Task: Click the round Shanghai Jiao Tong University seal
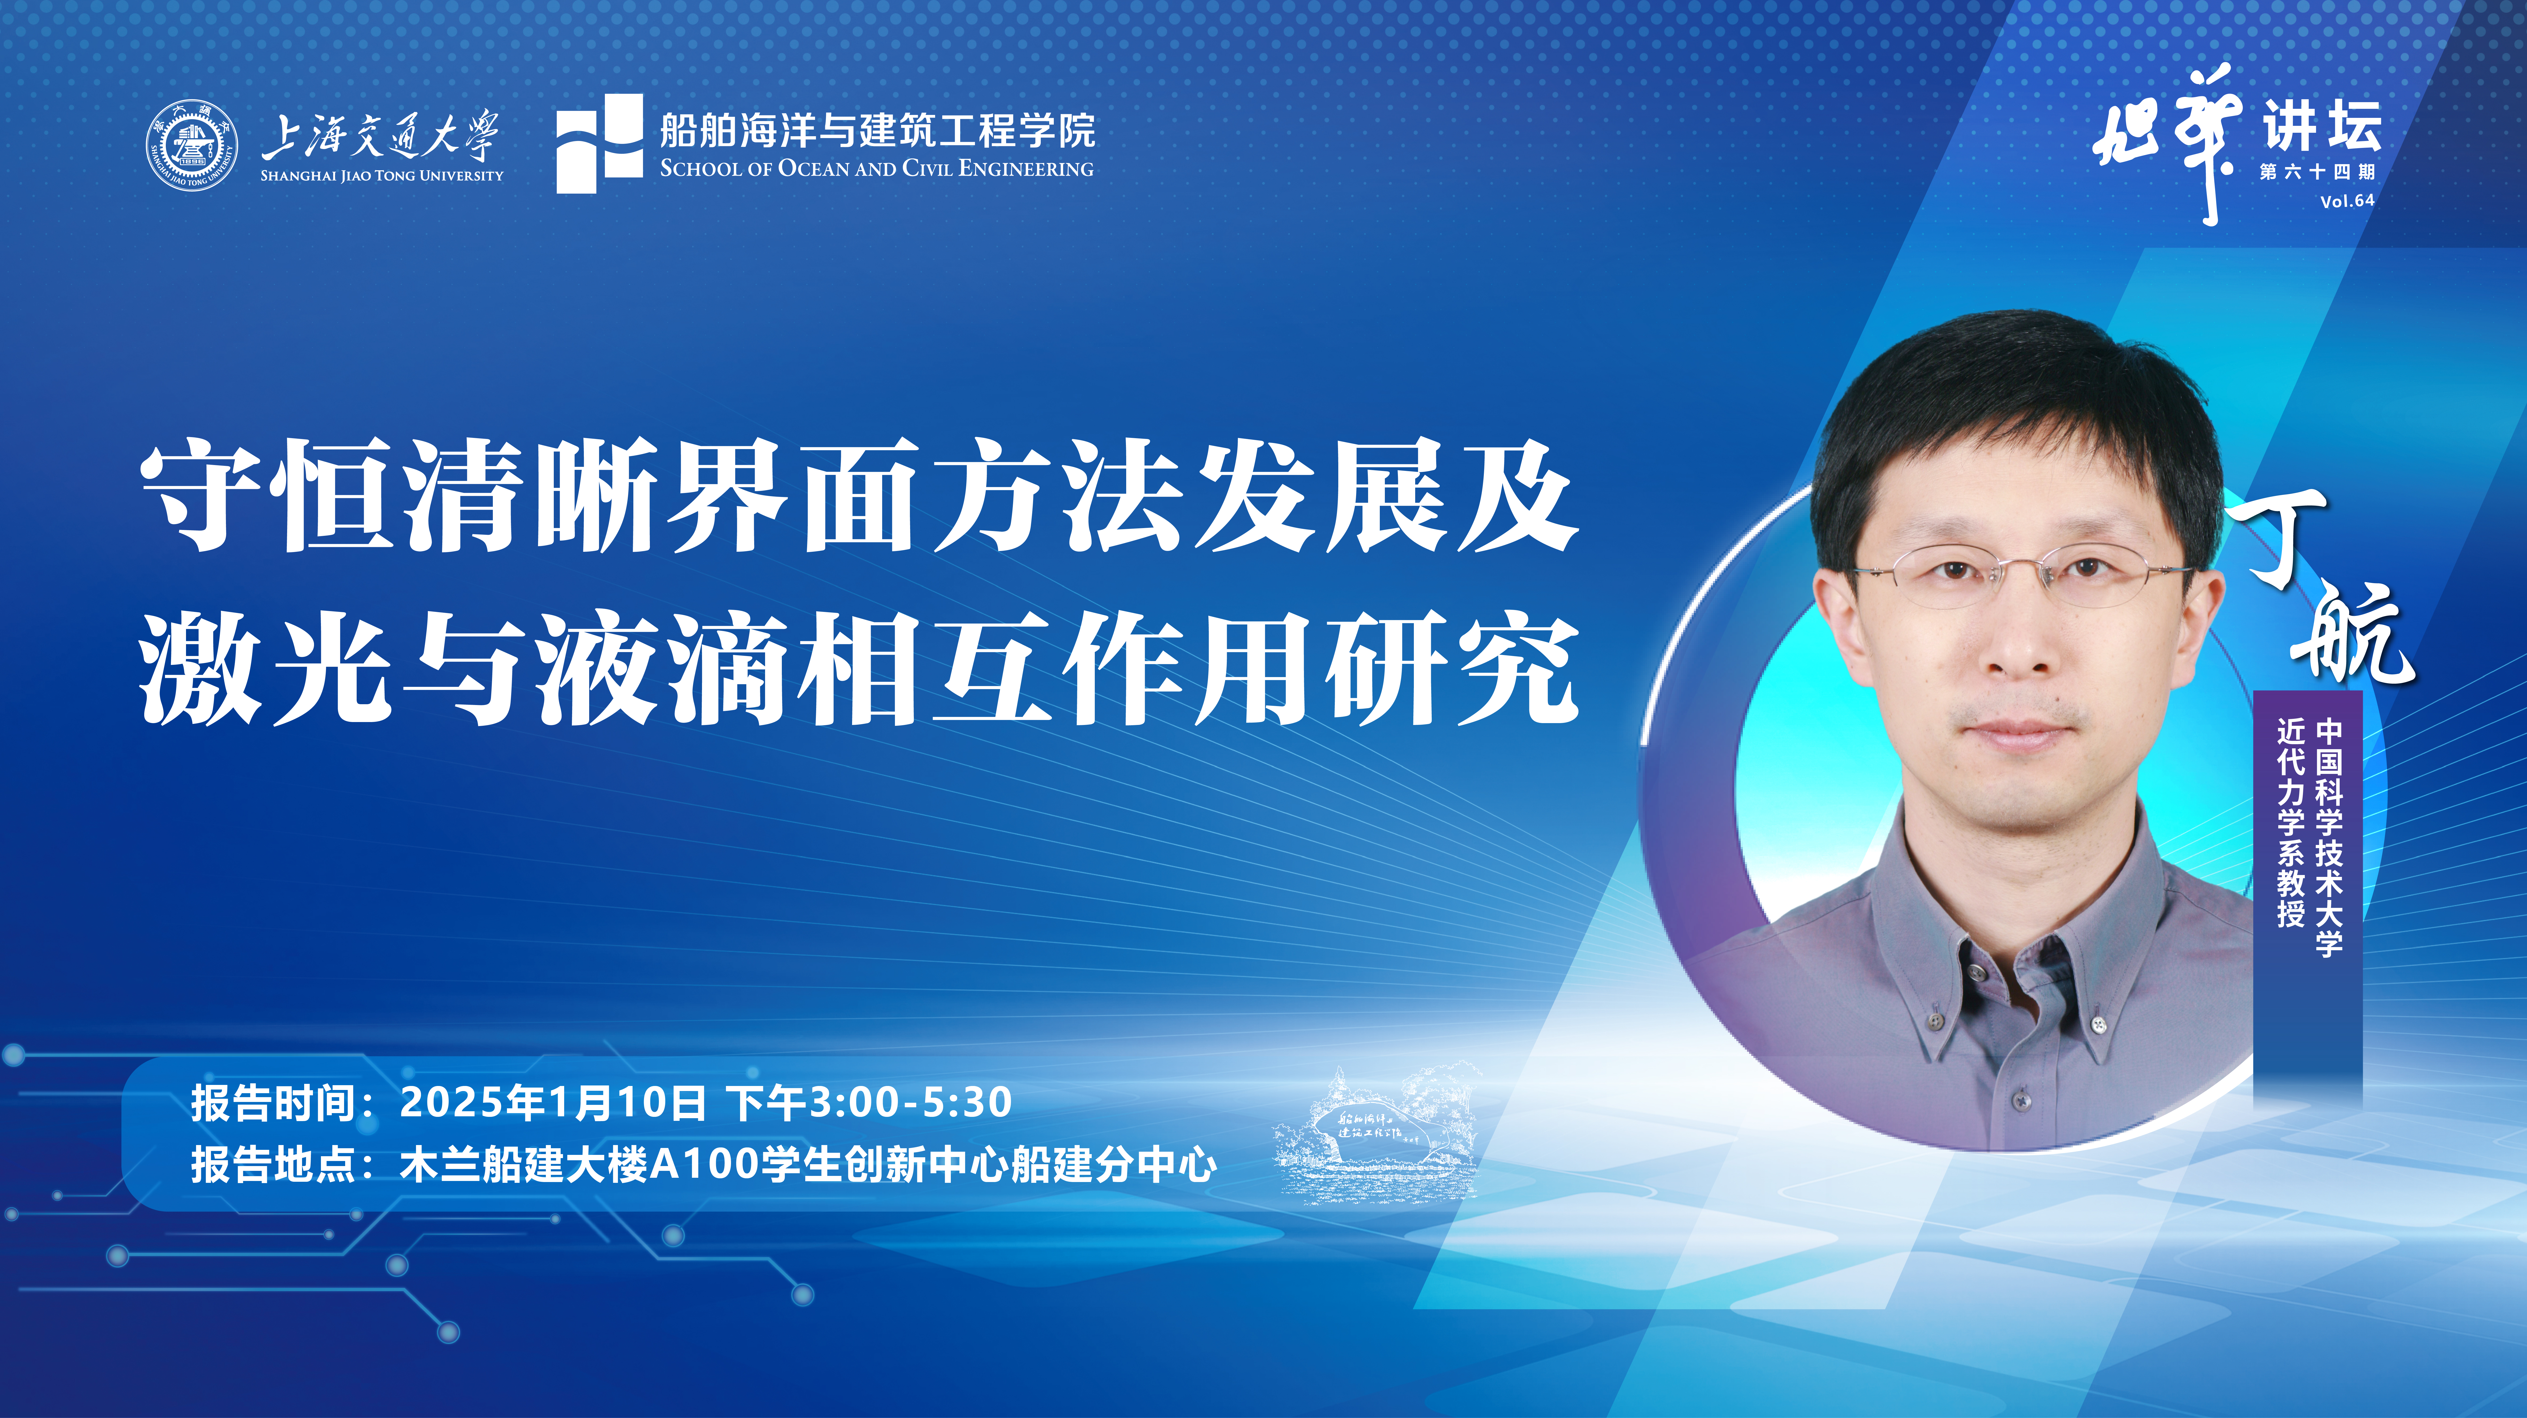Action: coord(192,146)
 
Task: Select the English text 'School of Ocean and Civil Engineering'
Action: coord(876,169)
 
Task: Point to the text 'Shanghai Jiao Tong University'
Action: coord(382,176)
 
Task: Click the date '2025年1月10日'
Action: coord(552,1102)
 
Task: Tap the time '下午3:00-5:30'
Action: coord(869,1102)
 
